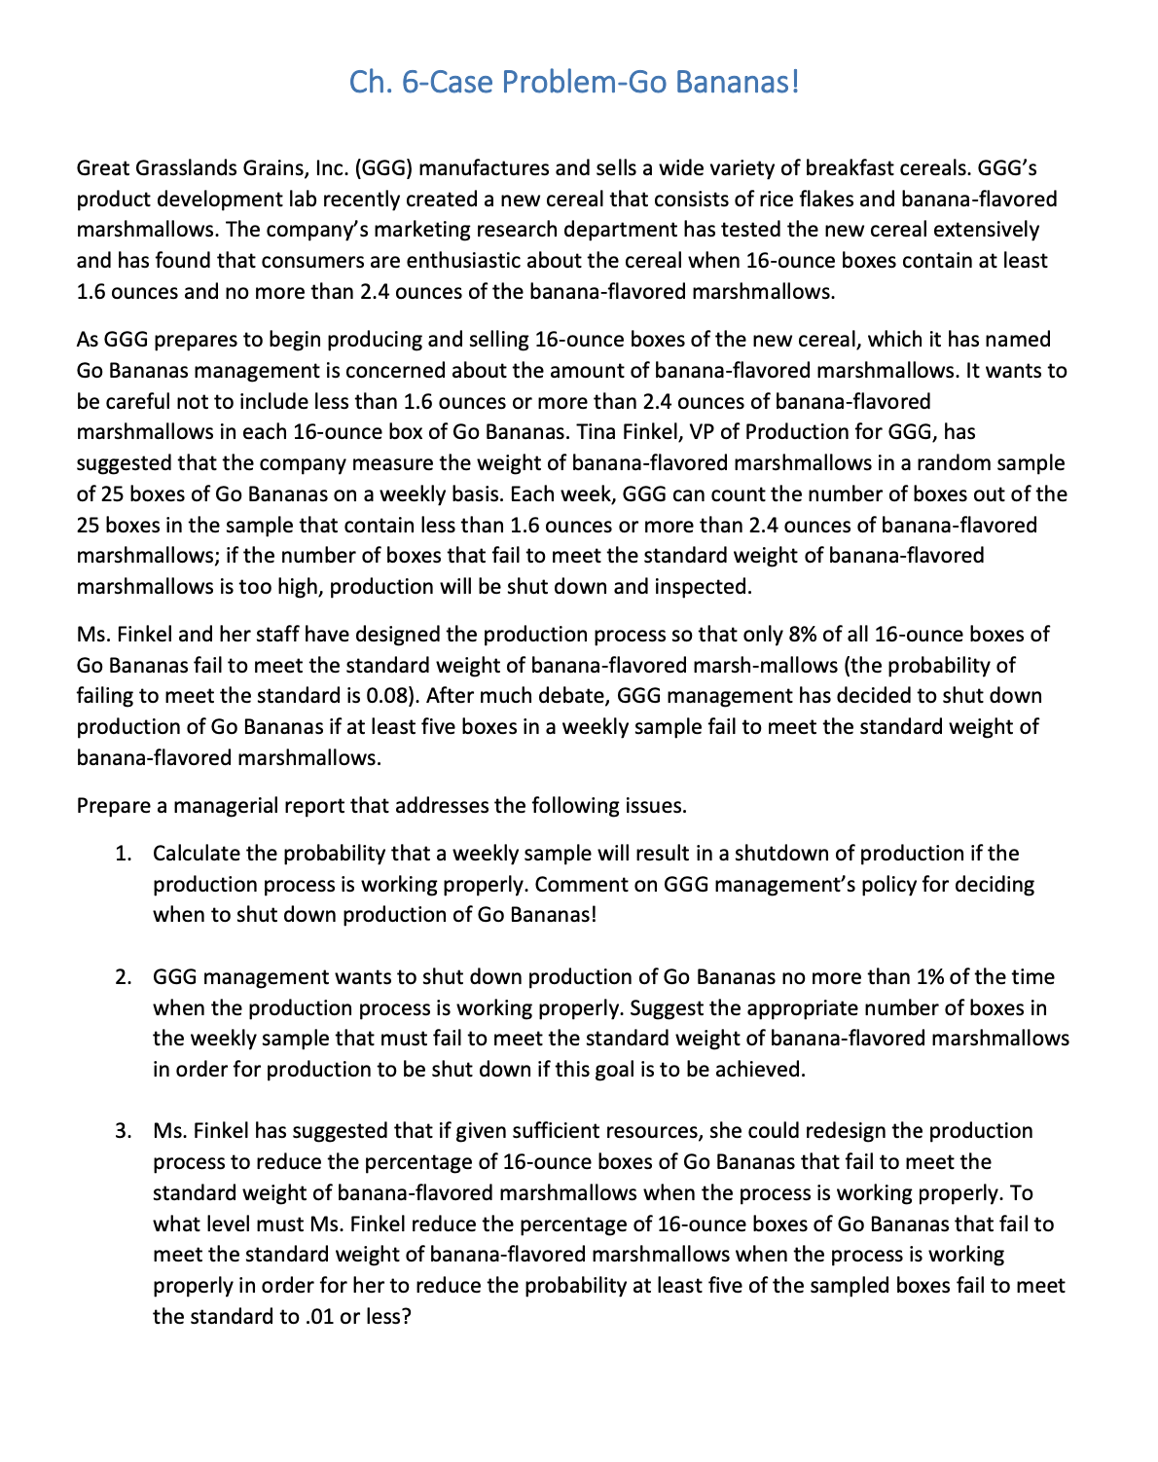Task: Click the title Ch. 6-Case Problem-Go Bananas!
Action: tap(574, 81)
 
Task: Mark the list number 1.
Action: tap(123, 855)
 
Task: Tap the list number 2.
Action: tap(123, 977)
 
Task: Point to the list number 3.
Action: tap(123, 1131)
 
